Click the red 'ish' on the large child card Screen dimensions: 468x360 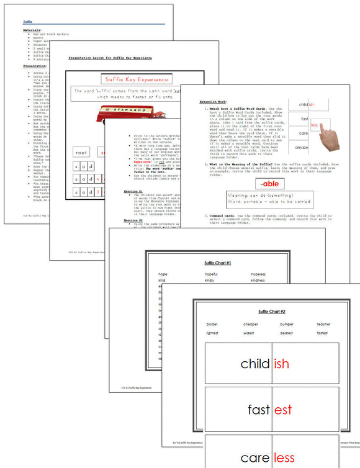coord(281,364)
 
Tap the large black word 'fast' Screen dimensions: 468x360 coord(258,410)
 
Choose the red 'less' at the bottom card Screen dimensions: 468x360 coord(283,458)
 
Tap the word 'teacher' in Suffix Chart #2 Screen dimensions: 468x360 coord(323,324)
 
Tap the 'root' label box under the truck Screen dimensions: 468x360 coord(81,151)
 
